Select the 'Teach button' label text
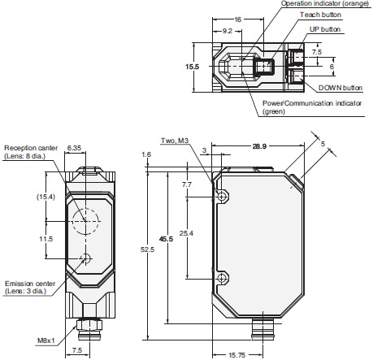pos(319,15)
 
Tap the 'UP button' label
pos(325,29)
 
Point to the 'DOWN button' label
pos(340,87)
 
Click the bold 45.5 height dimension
pos(166,240)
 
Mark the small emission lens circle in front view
pos(86,259)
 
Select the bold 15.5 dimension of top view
pos(192,66)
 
